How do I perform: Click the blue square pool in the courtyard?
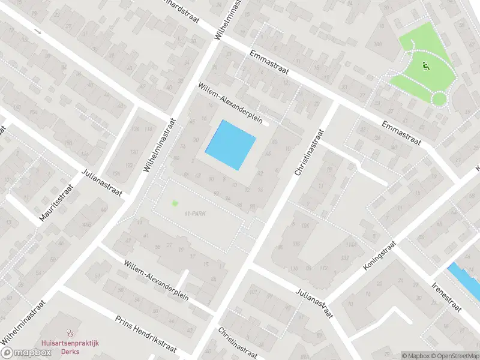pyautogui.click(x=231, y=145)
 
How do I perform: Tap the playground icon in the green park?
pyautogui.click(x=427, y=66)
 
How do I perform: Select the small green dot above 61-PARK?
pyautogui.click(x=175, y=203)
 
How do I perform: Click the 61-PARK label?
pyautogui.click(x=196, y=214)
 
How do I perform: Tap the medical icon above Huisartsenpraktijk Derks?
pyautogui.click(x=70, y=331)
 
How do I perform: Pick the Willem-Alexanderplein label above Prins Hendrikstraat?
pyautogui.click(x=157, y=277)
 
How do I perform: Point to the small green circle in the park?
pyautogui.click(x=439, y=98)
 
